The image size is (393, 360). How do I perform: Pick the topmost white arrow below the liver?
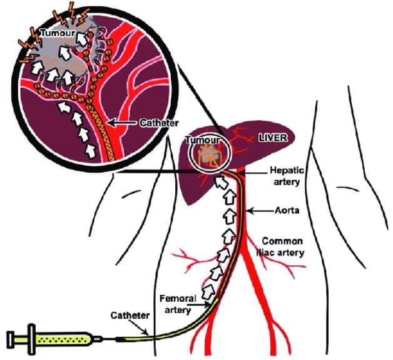[x=220, y=183]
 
